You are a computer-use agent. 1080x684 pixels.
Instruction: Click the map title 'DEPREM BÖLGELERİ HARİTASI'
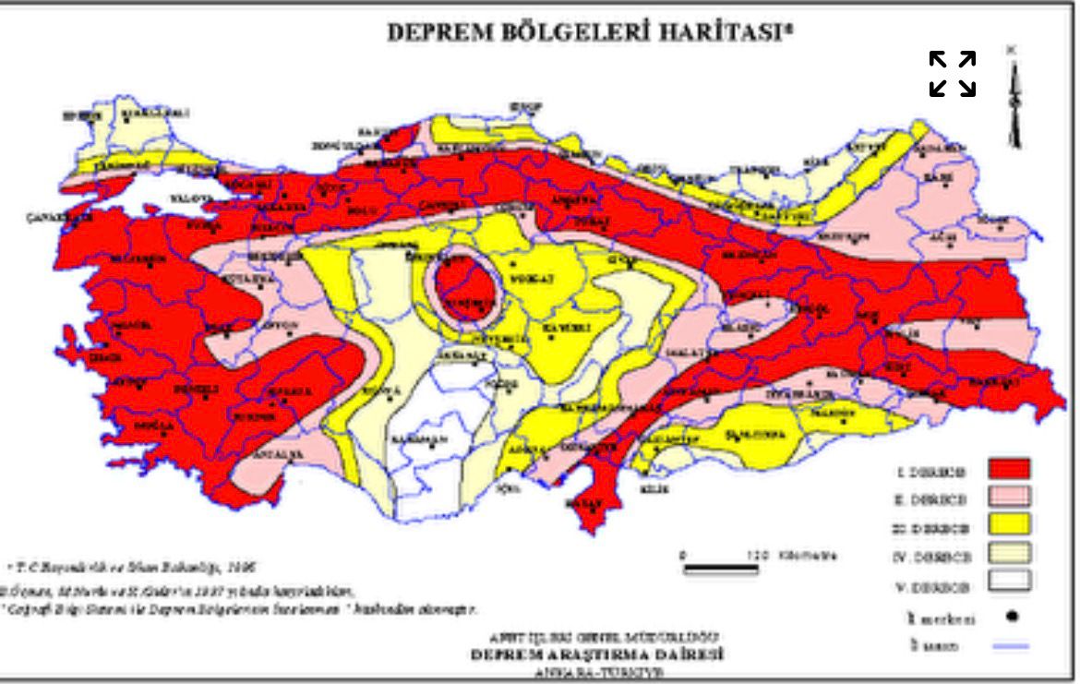click(590, 31)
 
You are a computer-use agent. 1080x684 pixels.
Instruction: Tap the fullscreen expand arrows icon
click(953, 74)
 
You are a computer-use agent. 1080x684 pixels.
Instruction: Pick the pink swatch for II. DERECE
click(1008, 498)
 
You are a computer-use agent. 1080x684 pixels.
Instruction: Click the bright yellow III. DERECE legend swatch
click(1008, 526)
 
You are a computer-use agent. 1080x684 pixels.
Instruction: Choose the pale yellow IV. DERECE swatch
click(1008, 556)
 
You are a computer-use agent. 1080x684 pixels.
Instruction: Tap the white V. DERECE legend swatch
click(1008, 584)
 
